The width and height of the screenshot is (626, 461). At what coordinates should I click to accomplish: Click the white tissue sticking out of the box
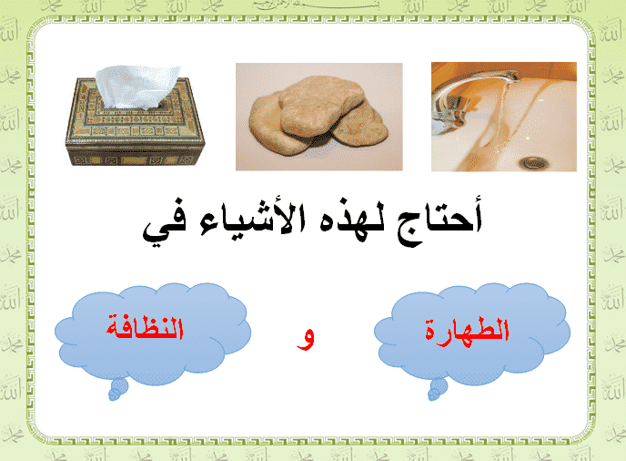point(136,87)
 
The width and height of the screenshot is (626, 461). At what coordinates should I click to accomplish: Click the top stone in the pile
point(320,105)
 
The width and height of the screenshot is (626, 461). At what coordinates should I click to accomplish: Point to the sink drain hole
point(534,162)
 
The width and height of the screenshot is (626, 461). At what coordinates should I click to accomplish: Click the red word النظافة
point(145,329)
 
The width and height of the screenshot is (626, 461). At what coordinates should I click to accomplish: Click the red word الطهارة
point(467,331)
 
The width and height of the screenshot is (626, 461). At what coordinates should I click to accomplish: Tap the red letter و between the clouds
point(306,339)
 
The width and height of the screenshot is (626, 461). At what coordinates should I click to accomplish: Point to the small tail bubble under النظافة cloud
point(118,389)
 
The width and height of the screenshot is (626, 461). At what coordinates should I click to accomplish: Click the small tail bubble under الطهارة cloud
point(438,389)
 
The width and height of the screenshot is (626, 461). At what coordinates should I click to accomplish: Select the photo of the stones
point(319,117)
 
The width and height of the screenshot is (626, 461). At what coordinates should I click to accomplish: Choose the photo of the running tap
point(504,117)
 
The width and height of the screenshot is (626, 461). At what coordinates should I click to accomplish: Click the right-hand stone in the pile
point(361,124)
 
